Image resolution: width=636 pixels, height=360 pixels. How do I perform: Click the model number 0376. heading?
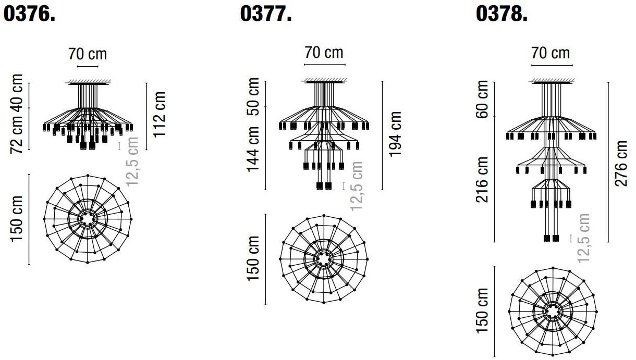(x=29, y=14)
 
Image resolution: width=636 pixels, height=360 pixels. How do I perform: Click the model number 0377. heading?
(x=265, y=14)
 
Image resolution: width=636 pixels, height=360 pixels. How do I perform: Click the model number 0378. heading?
(x=502, y=14)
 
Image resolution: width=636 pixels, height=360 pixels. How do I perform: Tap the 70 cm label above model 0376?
(x=87, y=54)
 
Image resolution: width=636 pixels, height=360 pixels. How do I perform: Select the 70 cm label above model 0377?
(x=324, y=53)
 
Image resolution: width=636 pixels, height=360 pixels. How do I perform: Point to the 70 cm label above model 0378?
(x=551, y=53)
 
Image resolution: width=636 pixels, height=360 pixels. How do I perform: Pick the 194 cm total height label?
(x=395, y=134)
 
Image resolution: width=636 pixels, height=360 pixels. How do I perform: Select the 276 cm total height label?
(x=621, y=163)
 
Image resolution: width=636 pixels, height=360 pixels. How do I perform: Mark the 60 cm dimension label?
(x=482, y=99)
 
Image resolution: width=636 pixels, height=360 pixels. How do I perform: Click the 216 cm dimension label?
(x=482, y=180)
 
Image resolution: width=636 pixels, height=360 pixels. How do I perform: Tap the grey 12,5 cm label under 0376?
(x=132, y=162)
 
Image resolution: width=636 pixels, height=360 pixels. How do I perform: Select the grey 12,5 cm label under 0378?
(x=584, y=238)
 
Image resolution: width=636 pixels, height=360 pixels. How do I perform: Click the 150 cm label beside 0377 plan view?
(x=254, y=258)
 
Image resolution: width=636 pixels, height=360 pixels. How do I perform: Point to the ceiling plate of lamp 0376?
(x=87, y=82)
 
